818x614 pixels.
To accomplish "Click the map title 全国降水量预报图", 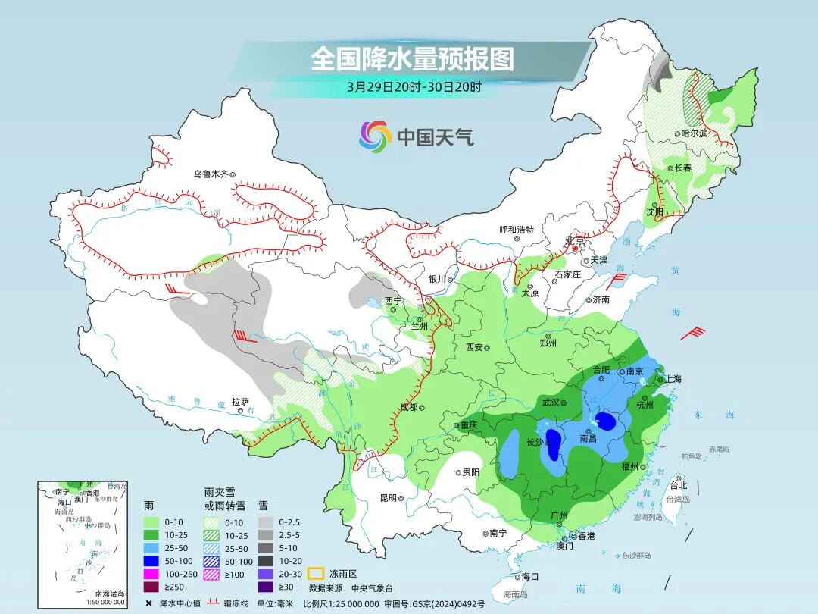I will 412,59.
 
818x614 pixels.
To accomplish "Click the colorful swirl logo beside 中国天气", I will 375,136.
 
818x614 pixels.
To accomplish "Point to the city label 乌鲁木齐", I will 211,174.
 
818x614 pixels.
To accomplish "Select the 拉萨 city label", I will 240,402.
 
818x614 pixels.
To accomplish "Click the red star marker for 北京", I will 575,249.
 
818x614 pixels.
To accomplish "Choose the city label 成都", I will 408,407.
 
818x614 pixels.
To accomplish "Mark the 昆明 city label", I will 388,498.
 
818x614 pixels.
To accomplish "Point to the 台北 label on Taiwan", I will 678,485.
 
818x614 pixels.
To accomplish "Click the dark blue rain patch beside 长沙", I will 554,443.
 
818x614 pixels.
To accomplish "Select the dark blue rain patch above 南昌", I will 606,421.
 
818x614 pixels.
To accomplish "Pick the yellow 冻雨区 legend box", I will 315,573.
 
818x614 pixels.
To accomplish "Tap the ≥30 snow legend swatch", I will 265,586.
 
